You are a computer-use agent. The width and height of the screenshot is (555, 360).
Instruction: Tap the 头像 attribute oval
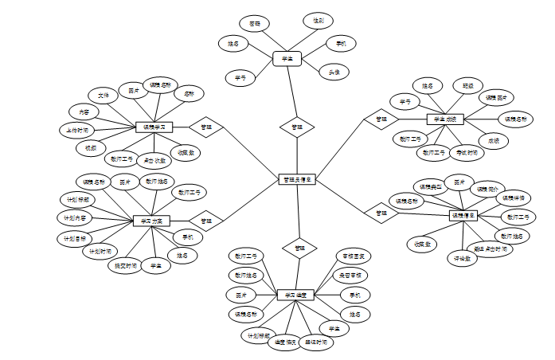(x=334, y=72)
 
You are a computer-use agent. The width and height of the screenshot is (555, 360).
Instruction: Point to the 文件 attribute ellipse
(x=104, y=95)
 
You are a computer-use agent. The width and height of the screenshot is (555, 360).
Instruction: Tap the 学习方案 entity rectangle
(x=151, y=220)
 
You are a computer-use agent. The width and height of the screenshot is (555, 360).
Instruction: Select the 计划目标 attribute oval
(x=76, y=237)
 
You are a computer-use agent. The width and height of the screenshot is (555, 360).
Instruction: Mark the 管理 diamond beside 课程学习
(x=206, y=127)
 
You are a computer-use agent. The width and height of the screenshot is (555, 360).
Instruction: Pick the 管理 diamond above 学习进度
(x=299, y=248)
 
